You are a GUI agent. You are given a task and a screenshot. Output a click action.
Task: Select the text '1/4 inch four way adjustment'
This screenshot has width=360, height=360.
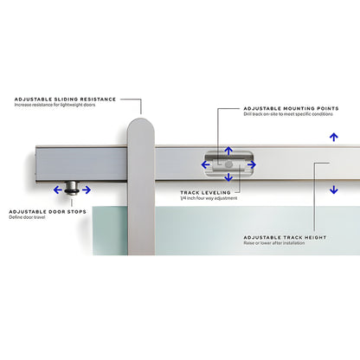209,199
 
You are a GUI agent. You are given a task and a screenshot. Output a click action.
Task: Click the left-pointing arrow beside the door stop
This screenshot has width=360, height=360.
58,190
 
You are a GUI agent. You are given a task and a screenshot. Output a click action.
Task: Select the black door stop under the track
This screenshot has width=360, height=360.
74,188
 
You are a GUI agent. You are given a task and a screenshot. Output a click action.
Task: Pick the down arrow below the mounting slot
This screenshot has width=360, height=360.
228,177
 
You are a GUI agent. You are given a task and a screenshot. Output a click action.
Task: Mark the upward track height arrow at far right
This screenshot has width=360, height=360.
334,137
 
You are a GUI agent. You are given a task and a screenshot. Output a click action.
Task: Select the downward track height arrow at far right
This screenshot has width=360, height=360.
334,190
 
